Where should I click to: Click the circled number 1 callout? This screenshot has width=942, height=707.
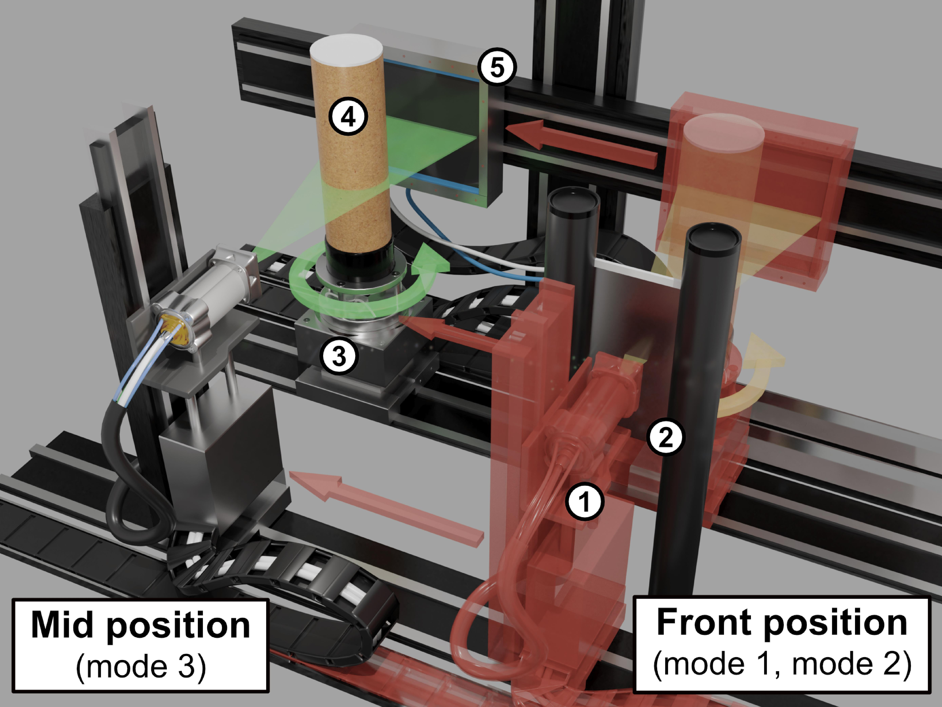pos(585,502)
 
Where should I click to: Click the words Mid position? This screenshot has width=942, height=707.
pos(141,626)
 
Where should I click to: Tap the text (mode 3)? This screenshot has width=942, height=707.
pos(141,666)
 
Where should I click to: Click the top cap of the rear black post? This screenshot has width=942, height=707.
pos(573,200)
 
